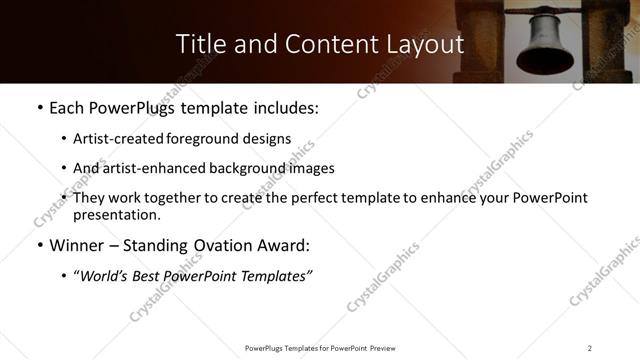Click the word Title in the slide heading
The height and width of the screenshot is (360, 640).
pos(200,45)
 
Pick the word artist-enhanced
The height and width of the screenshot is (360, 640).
pos(145,168)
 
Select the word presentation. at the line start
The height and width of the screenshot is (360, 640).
pos(116,214)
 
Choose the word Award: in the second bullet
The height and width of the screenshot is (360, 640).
pos(285,246)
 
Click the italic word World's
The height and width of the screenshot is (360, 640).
pos(106,276)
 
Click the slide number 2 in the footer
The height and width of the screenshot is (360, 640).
pos(590,348)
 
